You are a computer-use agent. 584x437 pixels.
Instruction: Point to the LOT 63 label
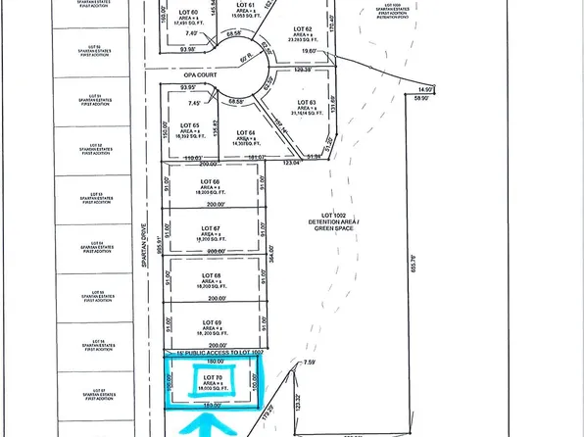307,102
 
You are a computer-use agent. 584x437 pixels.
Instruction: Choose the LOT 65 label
190,125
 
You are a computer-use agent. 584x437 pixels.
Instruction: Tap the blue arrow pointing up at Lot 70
207,424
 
